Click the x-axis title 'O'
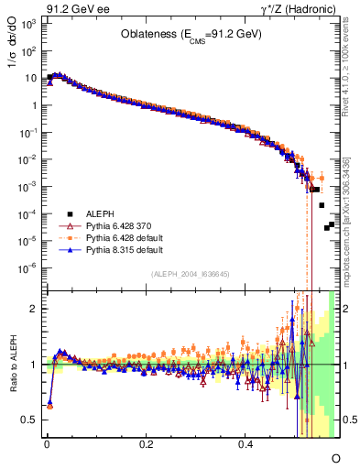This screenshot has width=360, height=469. [x=335, y=456]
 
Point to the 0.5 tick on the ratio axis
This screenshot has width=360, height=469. [x=31, y=420]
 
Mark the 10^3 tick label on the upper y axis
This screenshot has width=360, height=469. [x=28, y=23]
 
